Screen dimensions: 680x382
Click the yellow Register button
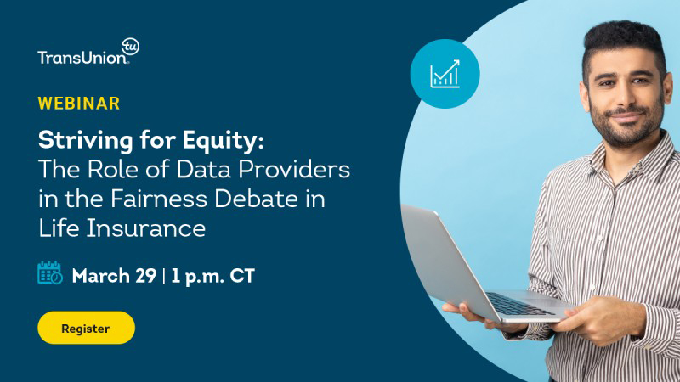pos(87,328)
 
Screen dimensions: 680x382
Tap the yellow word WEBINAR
pos(79,104)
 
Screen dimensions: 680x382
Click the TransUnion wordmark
pos(82,57)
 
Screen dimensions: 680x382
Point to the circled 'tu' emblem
pos(130,47)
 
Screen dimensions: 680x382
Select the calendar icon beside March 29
pos(50,272)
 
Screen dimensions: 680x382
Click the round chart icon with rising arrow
pos(445,74)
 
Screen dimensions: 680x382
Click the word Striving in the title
pos(86,141)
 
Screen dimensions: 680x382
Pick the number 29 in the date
pos(145,276)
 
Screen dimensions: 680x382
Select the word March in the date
pos(101,276)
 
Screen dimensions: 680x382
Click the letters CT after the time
pos(242,276)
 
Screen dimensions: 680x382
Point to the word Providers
pos(294,169)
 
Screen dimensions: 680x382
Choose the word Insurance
pos(146,228)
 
